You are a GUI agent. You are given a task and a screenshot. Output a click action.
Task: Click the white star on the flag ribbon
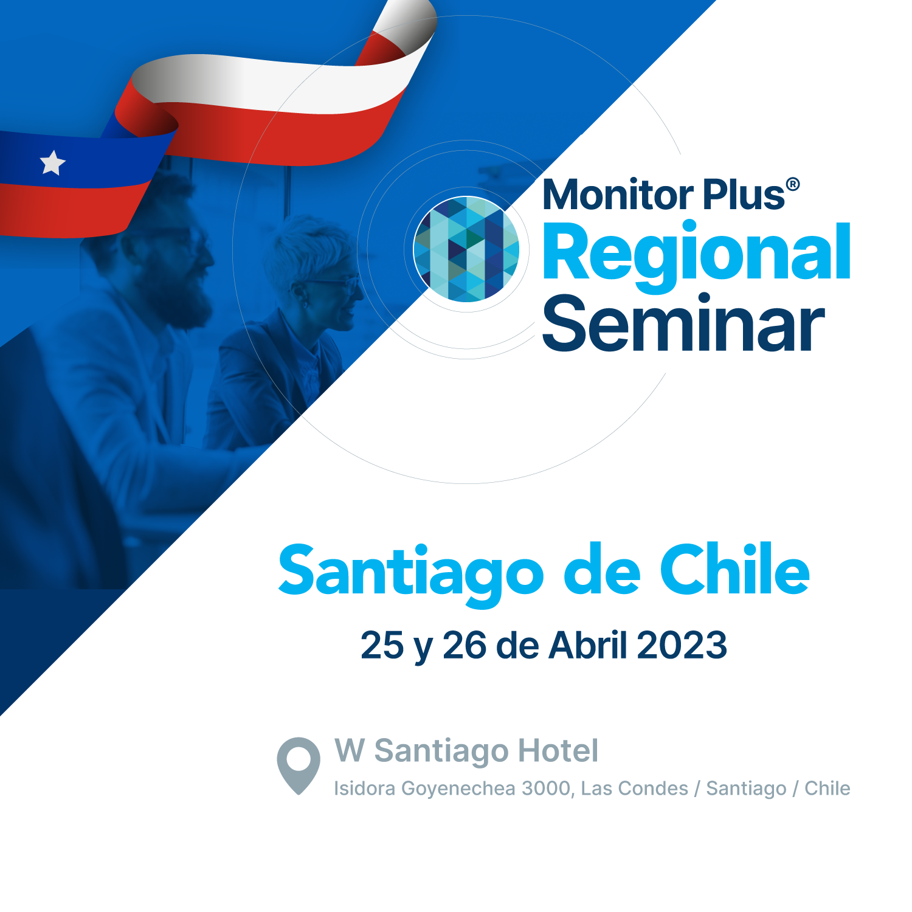point(53,162)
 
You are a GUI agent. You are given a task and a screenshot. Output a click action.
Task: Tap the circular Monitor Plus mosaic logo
point(466,249)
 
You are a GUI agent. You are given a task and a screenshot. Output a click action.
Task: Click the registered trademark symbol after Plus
point(793,185)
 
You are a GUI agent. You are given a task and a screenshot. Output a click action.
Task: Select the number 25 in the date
point(382,645)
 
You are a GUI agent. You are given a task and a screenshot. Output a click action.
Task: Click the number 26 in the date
point(465,645)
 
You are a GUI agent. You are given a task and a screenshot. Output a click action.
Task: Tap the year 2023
point(682,645)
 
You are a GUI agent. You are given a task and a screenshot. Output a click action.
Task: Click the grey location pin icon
point(299,765)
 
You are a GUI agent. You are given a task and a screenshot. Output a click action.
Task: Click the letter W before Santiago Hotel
point(350,750)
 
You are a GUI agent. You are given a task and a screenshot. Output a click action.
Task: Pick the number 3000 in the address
point(547,789)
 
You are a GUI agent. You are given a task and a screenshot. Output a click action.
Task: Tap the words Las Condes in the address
point(635,789)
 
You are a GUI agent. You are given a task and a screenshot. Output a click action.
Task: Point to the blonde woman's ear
point(300,292)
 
